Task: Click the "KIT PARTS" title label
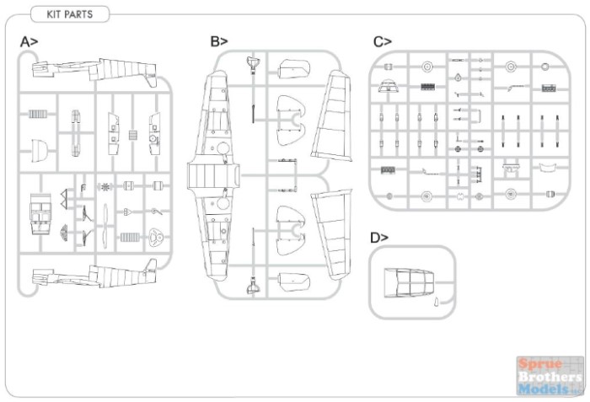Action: [x=70, y=14]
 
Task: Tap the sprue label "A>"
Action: [x=29, y=42]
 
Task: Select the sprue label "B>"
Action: [x=219, y=41]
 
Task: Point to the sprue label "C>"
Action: [x=383, y=41]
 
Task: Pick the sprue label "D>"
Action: [x=379, y=238]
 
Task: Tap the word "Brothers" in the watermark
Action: [x=550, y=377]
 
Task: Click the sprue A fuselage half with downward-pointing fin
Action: [x=94, y=71]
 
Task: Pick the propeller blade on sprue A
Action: [x=105, y=228]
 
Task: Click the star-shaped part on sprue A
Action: [x=105, y=186]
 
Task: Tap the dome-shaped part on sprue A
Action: [x=39, y=151]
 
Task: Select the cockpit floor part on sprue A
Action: [x=40, y=212]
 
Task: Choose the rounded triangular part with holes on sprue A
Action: [x=156, y=238]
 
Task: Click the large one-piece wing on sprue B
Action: [x=213, y=176]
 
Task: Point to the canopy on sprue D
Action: [x=408, y=282]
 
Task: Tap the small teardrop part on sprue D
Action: [x=437, y=302]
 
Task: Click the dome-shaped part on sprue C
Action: [x=388, y=86]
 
